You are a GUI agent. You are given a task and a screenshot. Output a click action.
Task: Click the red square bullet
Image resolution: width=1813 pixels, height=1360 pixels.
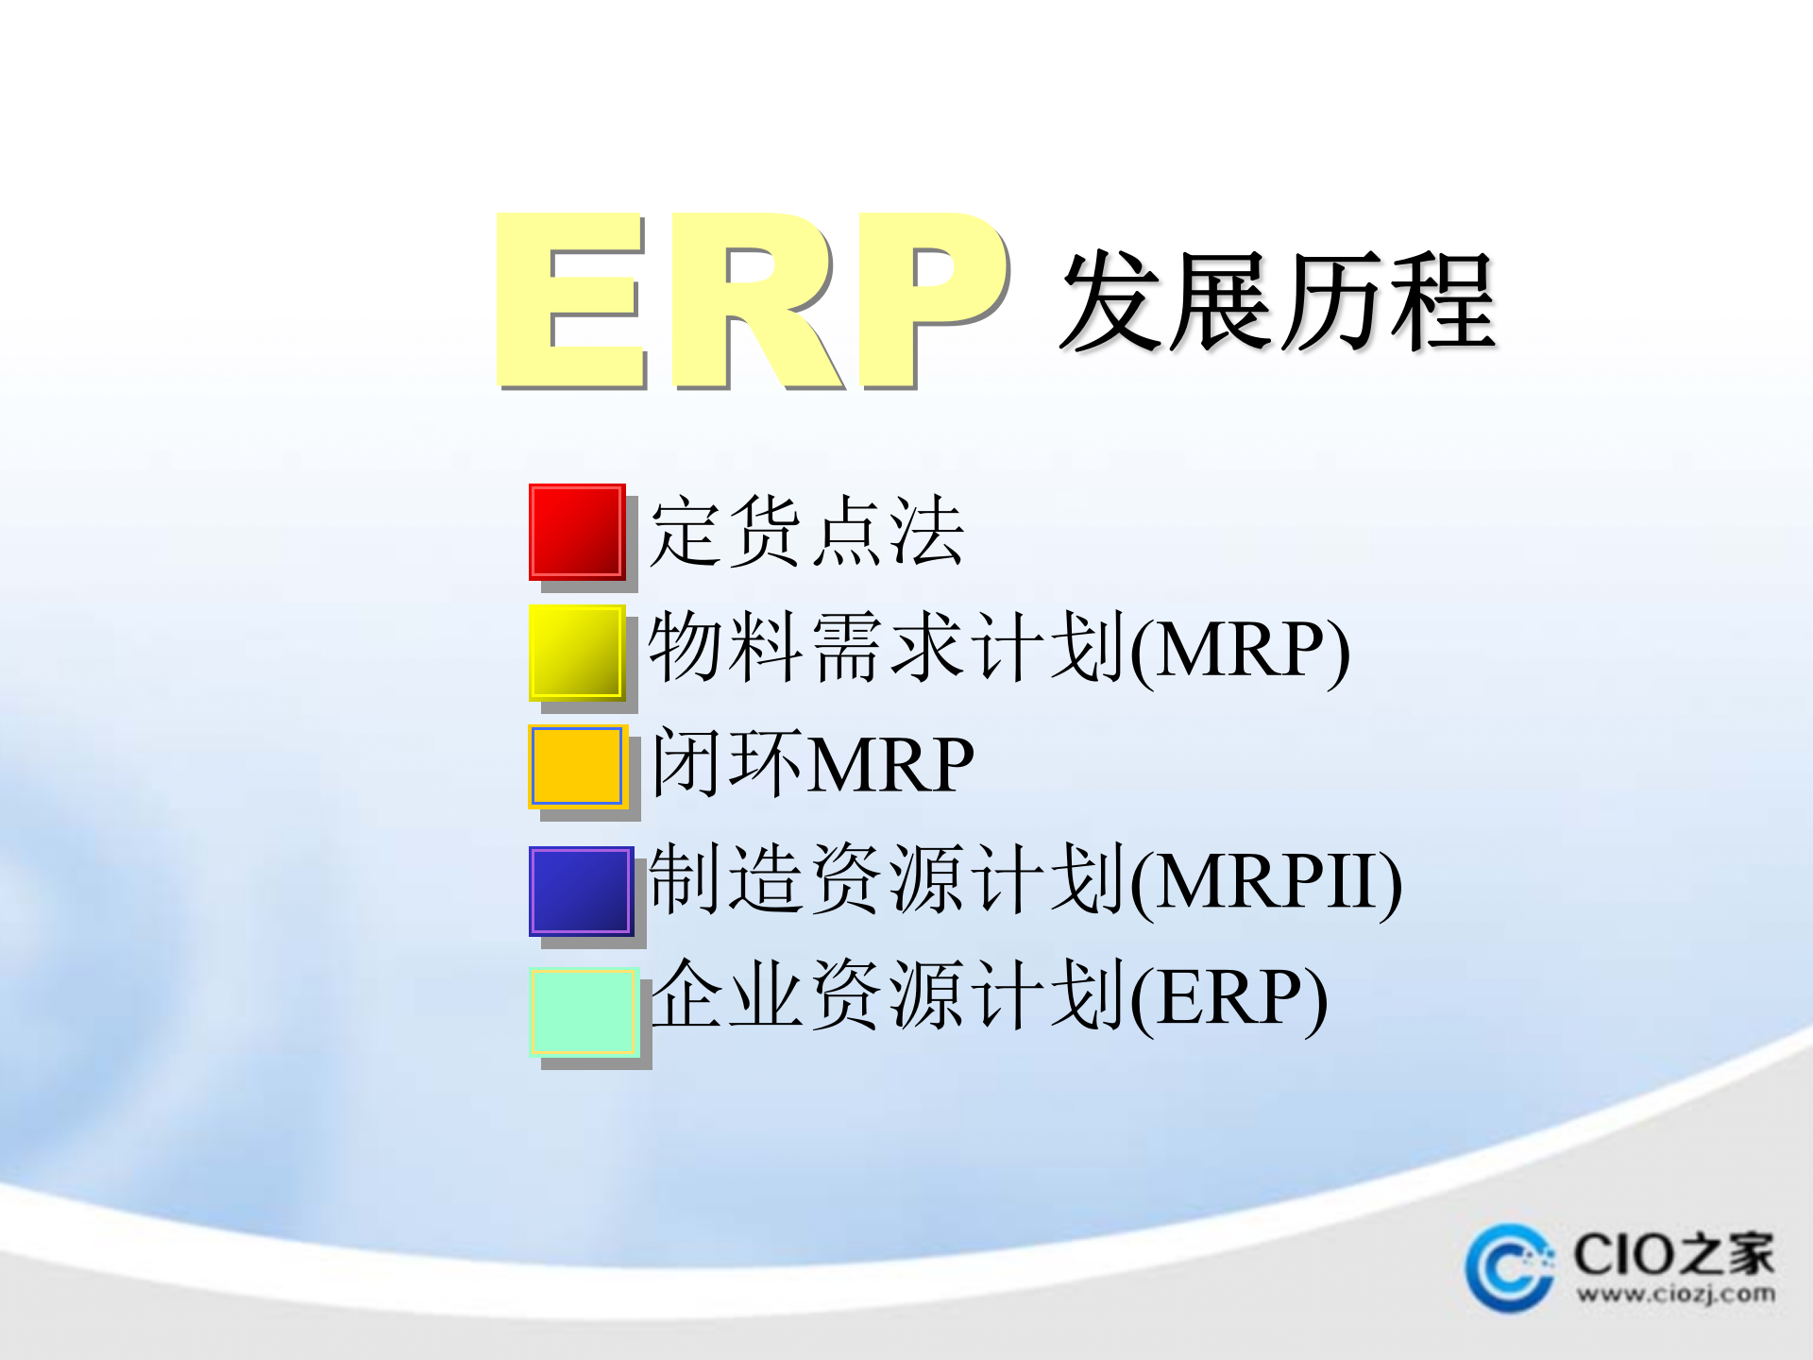(576, 531)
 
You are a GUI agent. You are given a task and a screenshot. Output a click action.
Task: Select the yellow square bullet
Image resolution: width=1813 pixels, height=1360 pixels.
(576, 652)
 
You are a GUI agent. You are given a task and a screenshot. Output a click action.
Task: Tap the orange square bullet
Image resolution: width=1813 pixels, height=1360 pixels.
(576, 766)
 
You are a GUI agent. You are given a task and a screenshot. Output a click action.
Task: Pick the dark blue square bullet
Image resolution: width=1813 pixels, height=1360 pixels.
(580, 891)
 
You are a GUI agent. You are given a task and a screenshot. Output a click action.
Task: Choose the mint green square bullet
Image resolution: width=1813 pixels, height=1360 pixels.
(583, 1011)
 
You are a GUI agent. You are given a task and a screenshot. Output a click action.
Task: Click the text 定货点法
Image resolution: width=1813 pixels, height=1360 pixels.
(806, 533)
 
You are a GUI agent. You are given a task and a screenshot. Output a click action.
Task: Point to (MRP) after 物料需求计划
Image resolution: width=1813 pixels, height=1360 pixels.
(1240, 651)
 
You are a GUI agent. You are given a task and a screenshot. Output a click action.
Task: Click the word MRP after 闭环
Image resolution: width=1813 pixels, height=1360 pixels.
(891, 765)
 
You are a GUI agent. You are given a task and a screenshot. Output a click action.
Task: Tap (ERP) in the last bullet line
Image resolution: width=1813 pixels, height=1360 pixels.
(1228, 999)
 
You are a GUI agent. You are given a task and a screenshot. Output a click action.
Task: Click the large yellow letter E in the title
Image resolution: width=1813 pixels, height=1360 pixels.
(570, 300)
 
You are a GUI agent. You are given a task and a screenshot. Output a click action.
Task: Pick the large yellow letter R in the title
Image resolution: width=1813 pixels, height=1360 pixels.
(755, 300)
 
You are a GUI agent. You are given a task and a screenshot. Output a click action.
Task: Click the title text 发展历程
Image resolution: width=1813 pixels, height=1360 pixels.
(1277, 302)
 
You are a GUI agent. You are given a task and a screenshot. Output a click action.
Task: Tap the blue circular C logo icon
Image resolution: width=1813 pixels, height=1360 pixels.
(1509, 1267)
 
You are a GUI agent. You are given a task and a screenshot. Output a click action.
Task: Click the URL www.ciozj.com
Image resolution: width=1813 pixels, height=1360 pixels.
(1675, 1293)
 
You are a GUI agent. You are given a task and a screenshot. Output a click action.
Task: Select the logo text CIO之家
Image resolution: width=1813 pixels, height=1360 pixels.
(1673, 1254)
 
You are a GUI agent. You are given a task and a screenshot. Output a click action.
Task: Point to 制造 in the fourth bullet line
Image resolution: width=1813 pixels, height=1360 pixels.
(727, 880)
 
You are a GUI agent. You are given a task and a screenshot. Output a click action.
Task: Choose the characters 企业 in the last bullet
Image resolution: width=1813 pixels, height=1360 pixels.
(727, 996)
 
